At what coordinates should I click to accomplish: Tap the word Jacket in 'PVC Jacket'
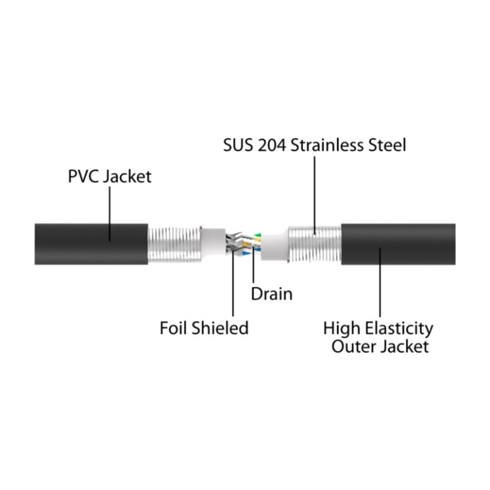[x=127, y=177]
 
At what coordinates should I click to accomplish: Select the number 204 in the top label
[x=272, y=146]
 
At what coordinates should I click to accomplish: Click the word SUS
[x=238, y=146]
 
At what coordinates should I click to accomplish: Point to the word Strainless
[x=327, y=146]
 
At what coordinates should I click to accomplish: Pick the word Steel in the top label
[x=387, y=146]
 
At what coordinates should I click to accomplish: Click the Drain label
[x=272, y=294]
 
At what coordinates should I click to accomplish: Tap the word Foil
[x=174, y=328]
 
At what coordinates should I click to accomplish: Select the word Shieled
[x=220, y=328]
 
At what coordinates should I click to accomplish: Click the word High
[x=342, y=329]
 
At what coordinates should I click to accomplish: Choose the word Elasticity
[x=399, y=329]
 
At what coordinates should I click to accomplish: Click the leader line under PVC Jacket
[x=110, y=214]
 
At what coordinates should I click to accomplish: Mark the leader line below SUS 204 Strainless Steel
[x=314, y=195]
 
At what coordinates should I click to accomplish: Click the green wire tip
[x=258, y=235]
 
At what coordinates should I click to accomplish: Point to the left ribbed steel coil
[x=174, y=245]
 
